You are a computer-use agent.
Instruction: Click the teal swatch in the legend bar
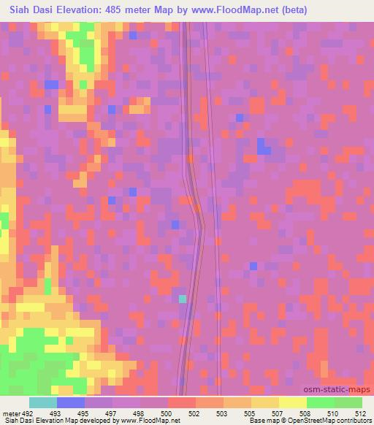coord(43,402)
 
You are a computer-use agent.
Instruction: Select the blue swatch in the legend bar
coord(71,402)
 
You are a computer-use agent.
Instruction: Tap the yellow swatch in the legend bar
coord(292,402)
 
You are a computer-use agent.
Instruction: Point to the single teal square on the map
coord(182,299)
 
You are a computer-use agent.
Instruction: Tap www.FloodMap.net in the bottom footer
coord(151,421)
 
